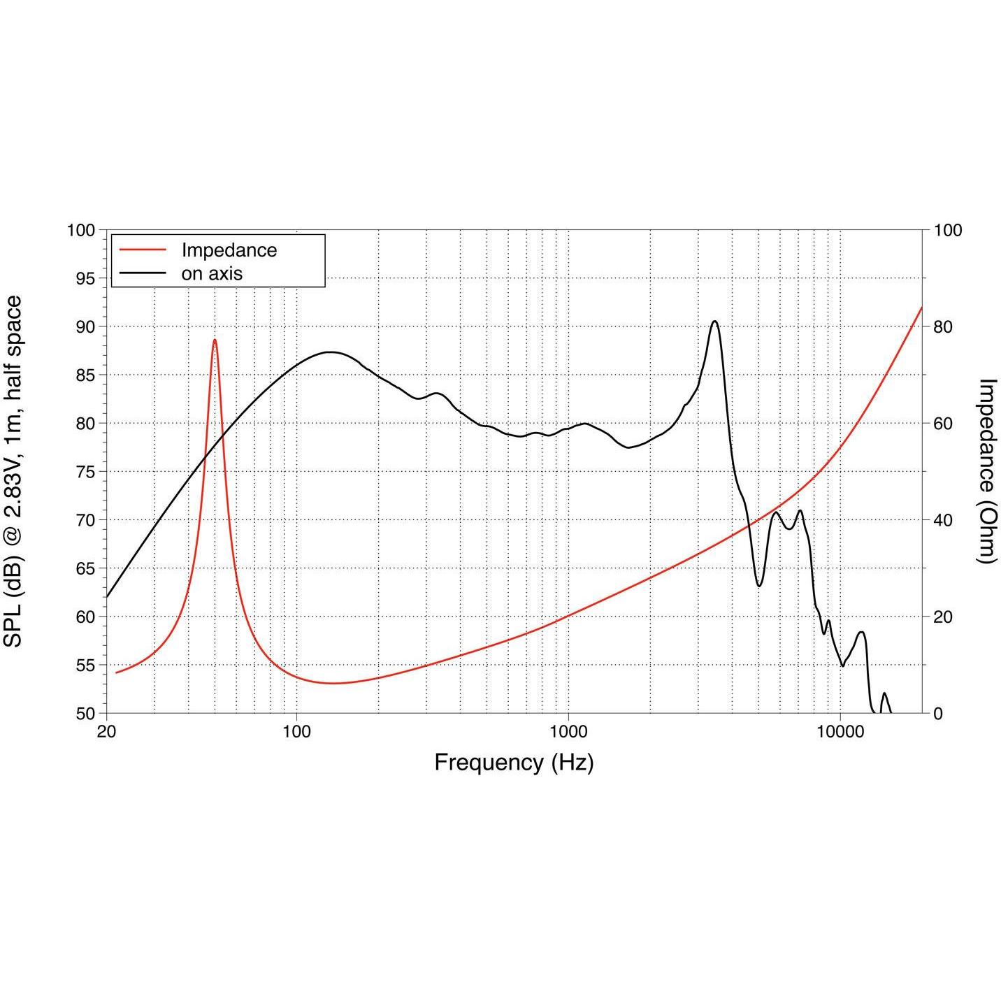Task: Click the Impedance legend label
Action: [x=229, y=250]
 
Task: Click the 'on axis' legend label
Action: [x=211, y=274]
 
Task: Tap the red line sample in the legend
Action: [x=143, y=250]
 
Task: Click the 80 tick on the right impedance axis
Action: [x=944, y=326]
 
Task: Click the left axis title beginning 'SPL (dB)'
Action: [x=13, y=472]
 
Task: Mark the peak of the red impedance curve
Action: [x=215, y=340]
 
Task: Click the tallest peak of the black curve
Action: [x=715, y=322]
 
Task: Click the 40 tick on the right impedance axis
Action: [x=944, y=520]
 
